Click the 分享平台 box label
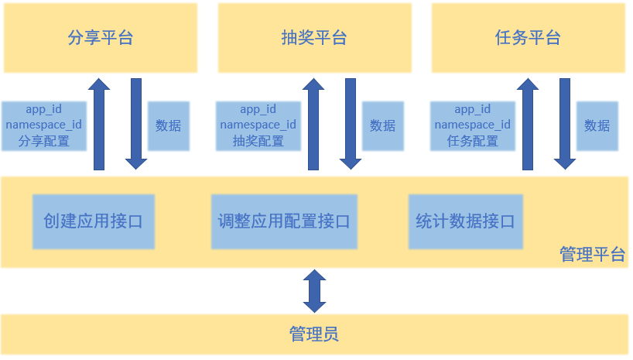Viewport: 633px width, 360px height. tap(101, 38)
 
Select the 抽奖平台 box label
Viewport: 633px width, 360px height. tap(314, 38)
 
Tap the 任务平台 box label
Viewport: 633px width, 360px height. tap(527, 38)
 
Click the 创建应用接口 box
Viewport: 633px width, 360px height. tap(93, 221)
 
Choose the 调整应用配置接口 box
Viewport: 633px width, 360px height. tap(284, 221)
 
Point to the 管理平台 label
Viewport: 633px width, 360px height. tap(592, 255)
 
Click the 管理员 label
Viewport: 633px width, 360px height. tap(313, 334)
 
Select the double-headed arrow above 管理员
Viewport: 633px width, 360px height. tap(314, 290)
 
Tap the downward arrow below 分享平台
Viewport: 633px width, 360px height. tap(136, 124)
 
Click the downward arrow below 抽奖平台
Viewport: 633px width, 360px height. tap(351, 124)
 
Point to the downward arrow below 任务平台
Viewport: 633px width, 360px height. tap(565, 124)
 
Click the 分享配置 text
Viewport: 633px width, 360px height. tap(44, 142)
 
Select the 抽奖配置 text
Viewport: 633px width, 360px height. tap(258, 142)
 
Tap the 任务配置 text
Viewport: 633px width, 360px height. tap(472, 142)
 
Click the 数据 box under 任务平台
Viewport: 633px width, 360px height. tap(597, 125)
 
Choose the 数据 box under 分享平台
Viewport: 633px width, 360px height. tap(168, 125)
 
